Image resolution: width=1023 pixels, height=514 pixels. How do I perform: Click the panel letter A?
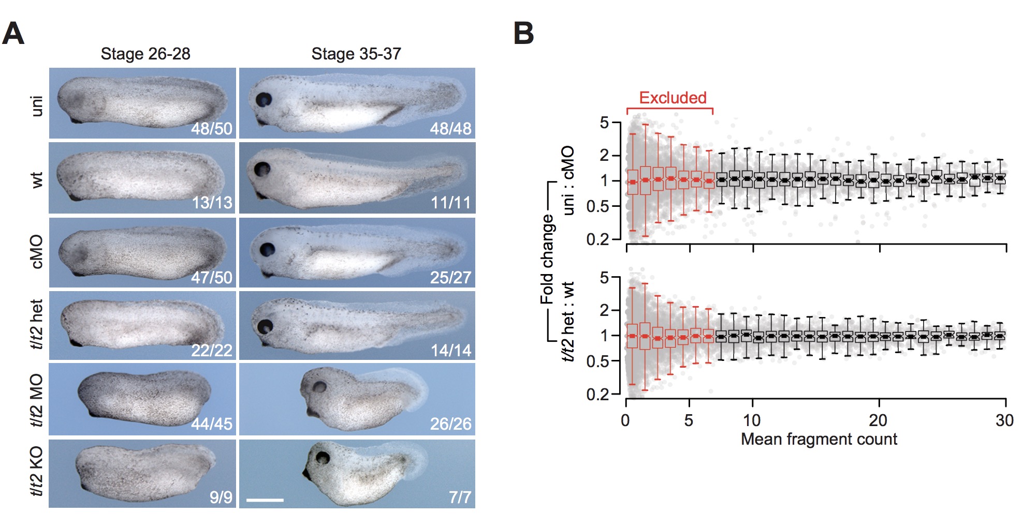(x=13, y=34)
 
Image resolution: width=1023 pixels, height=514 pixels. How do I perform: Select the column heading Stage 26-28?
(x=145, y=54)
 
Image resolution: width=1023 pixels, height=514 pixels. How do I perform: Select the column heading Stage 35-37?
(x=356, y=54)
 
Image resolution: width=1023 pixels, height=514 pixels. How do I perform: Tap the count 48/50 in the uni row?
(x=212, y=128)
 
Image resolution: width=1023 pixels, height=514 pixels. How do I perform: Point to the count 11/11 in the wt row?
(x=451, y=202)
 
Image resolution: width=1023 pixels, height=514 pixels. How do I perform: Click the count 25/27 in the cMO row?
(x=451, y=278)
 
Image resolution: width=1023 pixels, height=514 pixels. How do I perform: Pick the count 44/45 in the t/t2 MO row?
(x=212, y=424)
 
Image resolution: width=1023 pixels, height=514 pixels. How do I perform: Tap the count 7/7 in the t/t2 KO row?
(x=460, y=497)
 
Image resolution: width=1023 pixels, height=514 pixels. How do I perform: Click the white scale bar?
(x=265, y=500)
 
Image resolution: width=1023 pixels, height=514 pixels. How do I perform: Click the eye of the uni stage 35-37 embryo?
(x=264, y=99)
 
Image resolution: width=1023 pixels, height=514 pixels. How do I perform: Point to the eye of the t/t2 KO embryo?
(x=323, y=457)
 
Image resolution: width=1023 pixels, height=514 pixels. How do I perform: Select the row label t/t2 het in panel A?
(x=37, y=324)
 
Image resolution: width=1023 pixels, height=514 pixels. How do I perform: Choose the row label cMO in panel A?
(x=37, y=252)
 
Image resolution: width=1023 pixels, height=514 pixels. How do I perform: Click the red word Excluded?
(x=673, y=98)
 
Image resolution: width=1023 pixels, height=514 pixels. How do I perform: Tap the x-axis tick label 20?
(x=878, y=420)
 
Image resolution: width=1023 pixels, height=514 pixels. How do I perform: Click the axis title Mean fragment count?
(x=819, y=440)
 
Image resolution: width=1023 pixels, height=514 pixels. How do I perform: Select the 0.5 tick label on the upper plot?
(x=597, y=206)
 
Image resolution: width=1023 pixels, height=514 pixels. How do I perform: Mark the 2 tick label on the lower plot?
(x=604, y=310)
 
